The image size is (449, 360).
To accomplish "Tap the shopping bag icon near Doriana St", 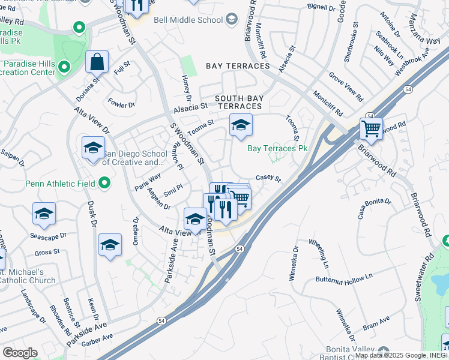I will [96, 62].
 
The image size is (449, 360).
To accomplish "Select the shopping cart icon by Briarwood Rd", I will [371, 128].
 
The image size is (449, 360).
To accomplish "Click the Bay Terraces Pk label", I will [277, 148].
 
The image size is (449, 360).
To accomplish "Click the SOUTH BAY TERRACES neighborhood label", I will [238, 101].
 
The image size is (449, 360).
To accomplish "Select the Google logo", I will [19, 353].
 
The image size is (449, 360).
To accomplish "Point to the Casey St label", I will [268, 178].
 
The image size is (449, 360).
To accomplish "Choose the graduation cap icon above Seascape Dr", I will [44, 215].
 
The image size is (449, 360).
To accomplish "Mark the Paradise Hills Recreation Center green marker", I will [64, 67].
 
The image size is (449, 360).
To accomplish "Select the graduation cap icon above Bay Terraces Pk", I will [241, 125].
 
